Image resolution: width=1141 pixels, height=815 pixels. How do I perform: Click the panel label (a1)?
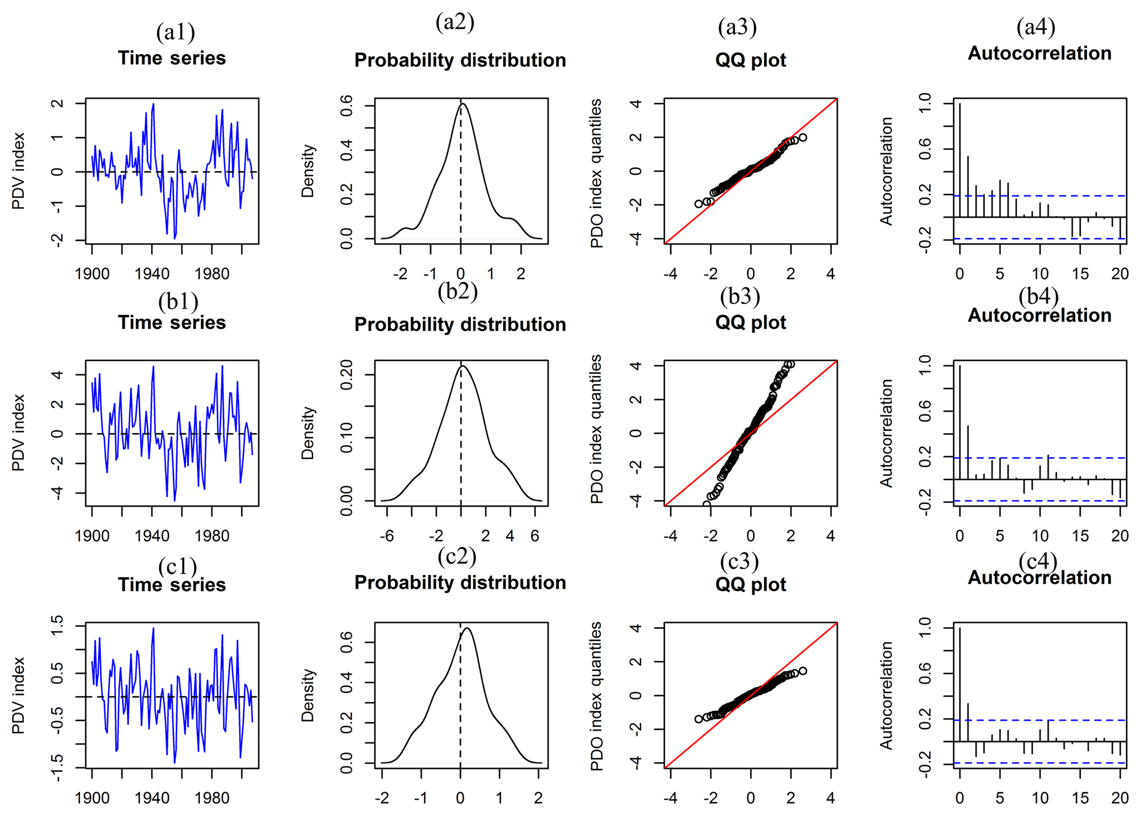point(176,32)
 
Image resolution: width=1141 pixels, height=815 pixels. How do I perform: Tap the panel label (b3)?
point(740,297)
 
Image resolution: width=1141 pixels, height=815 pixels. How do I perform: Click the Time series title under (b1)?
point(172,323)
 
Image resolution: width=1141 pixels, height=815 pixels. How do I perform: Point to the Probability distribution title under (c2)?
point(460,582)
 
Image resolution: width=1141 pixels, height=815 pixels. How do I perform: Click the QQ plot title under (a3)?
point(750,60)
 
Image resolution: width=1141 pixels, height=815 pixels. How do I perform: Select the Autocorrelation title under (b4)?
point(1039,316)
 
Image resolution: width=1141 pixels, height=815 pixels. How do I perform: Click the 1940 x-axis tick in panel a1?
point(152,274)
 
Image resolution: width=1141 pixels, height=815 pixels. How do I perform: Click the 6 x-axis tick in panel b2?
point(534,536)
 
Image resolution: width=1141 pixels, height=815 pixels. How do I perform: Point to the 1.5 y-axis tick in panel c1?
point(57,626)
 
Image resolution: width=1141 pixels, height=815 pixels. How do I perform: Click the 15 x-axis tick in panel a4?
point(1080,274)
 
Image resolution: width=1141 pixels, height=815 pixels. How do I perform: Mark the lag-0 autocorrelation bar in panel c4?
point(960,684)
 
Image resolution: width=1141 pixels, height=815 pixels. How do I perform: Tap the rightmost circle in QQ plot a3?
point(803,138)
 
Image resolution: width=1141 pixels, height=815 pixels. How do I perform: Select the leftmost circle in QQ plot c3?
point(699,719)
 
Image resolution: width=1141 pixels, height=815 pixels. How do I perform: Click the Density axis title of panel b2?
point(307,433)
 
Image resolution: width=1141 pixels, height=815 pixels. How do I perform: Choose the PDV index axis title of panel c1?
point(19,695)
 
